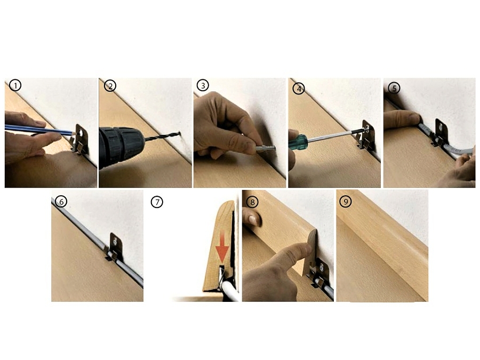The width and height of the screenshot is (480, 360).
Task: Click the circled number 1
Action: pos(15,85)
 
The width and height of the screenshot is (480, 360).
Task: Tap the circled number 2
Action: pos(110,86)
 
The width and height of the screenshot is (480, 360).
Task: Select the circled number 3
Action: pos(203,85)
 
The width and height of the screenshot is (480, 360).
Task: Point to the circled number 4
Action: pos(299,89)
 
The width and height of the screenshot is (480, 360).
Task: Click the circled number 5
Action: pos(394,88)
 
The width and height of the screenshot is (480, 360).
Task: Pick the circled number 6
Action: pos(61,202)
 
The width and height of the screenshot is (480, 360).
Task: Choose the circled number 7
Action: pos(157,202)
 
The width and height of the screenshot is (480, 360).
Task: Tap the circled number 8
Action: pos(252,202)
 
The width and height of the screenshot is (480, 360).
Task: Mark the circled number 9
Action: pos(346,202)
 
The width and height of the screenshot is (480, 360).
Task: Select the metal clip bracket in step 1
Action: pos(80,139)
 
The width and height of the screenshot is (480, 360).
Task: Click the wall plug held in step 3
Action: pos(265,148)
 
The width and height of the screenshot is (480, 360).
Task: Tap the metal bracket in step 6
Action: pos(115,247)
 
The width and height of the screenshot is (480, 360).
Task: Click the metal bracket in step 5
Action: pos(440,133)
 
